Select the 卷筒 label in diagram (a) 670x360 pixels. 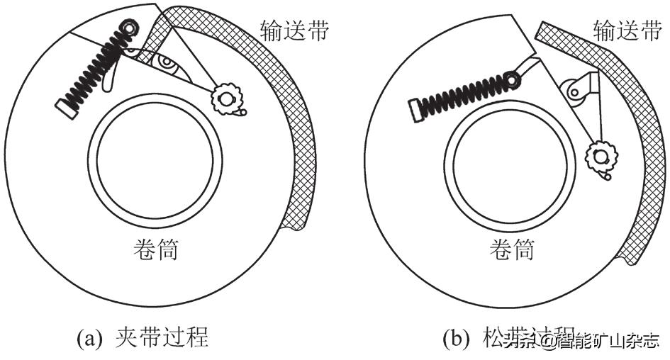pos(155,249)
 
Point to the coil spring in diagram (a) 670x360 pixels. pos(96,67)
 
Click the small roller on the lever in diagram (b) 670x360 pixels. pos(574,90)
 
